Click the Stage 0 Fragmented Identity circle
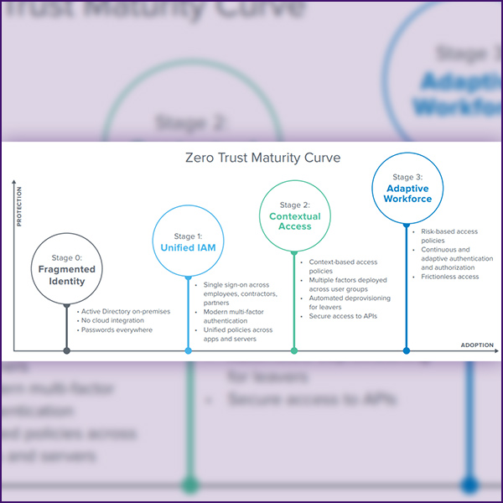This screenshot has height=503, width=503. coord(67,269)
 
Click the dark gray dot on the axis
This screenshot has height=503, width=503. coord(67,350)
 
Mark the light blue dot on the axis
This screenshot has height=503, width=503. coord(189,350)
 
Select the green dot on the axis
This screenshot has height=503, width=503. coord(294,350)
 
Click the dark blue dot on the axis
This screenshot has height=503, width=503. coord(407,350)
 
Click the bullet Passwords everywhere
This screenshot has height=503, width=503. coord(117,329)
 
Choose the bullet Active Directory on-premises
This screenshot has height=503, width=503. coord(125,311)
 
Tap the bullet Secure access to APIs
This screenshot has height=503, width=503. coord(340,318)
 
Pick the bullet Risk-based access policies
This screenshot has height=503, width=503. coord(451,235)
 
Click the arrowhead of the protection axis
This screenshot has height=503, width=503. coord(14,179)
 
